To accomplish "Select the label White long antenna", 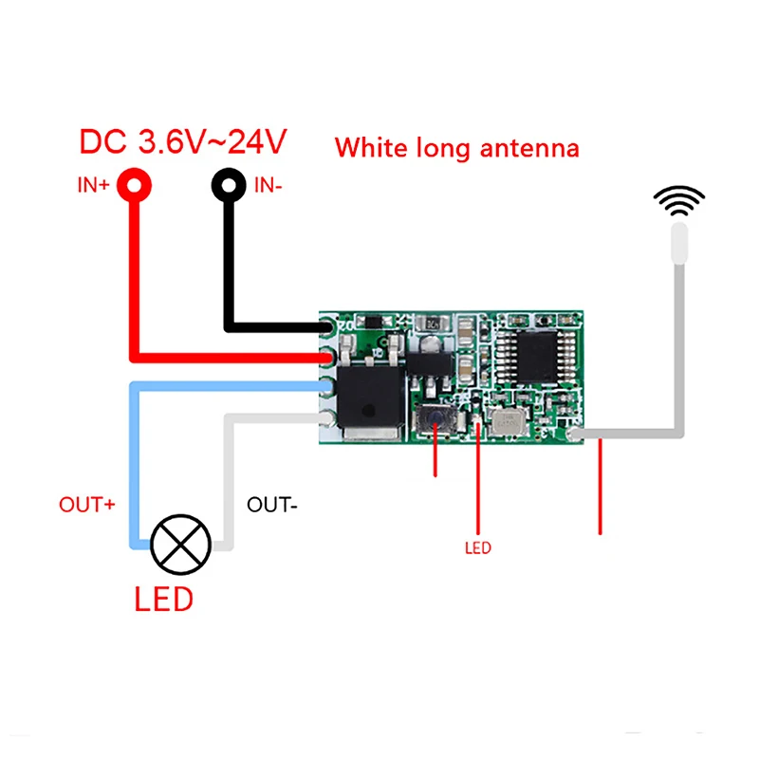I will pos(456,148).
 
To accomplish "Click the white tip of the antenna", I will pos(679,243).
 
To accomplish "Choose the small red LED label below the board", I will pos(478,547).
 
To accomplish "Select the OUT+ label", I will pos(87,504).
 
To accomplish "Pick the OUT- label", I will pos(272,505).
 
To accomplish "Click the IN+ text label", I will pos(93,185).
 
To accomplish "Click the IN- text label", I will pos(268,185).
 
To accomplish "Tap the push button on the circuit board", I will pos(433,418).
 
